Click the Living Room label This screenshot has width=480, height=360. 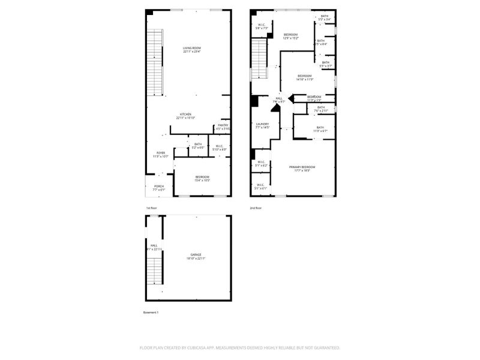coord(192,50)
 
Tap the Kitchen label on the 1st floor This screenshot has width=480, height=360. coord(185,115)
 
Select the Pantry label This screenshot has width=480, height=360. coord(223,127)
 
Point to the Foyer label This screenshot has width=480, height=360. coord(161,154)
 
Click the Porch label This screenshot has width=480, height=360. coord(159,188)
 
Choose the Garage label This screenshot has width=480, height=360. coord(196,256)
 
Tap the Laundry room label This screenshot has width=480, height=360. coord(262,125)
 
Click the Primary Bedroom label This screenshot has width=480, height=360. coord(302,168)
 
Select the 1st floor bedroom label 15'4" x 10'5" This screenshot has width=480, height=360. coord(202,178)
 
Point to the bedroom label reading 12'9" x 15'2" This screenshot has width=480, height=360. coord(291,36)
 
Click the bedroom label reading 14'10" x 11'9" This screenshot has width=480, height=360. coord(305,77)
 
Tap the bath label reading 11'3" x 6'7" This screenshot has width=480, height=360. coord(320,128)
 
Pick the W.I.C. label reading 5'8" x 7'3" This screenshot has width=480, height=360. coord(261,26)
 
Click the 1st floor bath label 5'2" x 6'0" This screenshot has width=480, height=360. coord(198,145)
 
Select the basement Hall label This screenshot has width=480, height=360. coord(154,247)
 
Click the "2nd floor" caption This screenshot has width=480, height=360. coord(256,208)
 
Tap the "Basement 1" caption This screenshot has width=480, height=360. coord(151,313)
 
